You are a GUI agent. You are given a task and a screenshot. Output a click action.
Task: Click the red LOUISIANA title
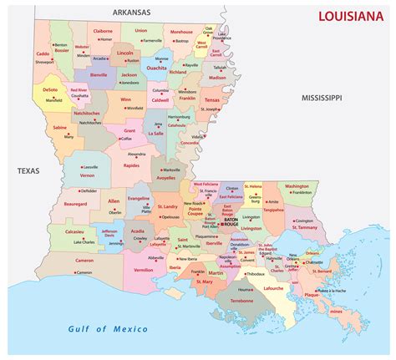tap(352, 16)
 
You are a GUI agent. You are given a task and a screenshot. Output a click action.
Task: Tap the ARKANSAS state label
tap(140, 13)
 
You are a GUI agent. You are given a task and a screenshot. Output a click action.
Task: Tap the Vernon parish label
tap(88, 175)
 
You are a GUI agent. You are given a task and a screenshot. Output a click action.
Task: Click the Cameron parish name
tap(84, 260)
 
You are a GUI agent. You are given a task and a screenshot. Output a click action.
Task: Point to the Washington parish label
tap(296, 186)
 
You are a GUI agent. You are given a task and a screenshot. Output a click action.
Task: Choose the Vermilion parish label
tap(144, 270)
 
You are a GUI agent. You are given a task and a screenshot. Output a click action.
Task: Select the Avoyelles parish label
tap(167, 176)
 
